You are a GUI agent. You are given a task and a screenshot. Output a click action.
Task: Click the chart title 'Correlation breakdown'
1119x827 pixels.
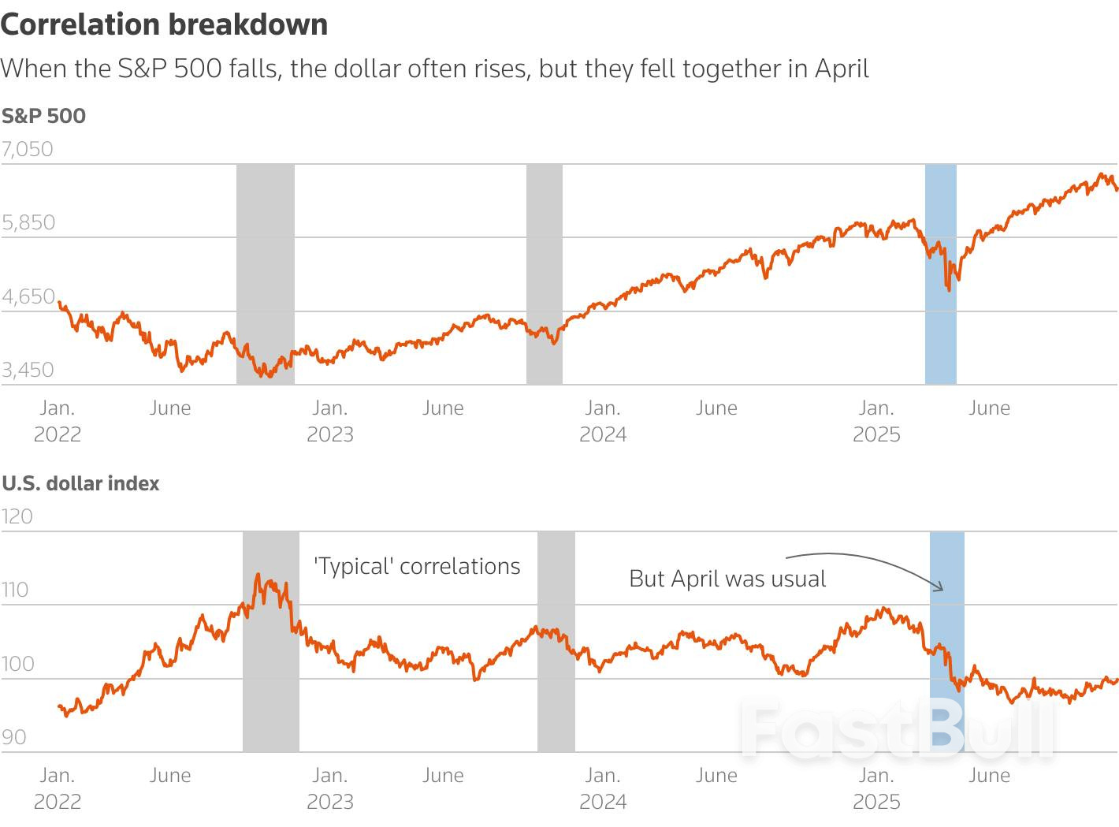click(x=164, y=24)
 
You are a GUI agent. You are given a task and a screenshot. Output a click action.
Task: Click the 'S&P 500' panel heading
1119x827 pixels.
click(x=43, y=116)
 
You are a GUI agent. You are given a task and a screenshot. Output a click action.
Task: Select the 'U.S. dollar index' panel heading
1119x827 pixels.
click(x=80, y=483)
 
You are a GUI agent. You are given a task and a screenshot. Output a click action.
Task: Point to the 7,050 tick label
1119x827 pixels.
click(x=28, y=149)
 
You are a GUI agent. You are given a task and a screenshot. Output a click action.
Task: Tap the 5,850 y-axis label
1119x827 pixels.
click(x=28, y=222)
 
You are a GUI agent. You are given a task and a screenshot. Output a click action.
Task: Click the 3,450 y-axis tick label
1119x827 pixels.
click(x=28, y=370)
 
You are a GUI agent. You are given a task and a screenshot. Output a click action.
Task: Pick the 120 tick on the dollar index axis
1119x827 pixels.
click(x=17, y=516)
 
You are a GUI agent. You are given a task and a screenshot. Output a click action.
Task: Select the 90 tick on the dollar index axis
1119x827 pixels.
click(x=14, y=737)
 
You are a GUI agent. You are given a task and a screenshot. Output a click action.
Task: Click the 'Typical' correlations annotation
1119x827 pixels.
click(x=417, y=566)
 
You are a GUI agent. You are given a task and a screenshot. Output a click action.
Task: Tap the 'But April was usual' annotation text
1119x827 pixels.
click(x=727, y=579)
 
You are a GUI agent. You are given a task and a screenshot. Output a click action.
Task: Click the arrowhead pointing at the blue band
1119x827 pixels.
click(x=939, y=587)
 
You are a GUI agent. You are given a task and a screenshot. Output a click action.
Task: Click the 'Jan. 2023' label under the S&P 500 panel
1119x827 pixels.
click(x=330, y=421)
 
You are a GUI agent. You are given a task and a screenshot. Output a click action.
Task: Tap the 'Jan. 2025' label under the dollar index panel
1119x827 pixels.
click(x=876, y=788)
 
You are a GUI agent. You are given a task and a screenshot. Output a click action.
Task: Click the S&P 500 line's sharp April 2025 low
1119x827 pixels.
click(x=948, y=290)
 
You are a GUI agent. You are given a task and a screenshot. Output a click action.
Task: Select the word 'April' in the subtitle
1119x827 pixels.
click(x=842, y=69)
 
